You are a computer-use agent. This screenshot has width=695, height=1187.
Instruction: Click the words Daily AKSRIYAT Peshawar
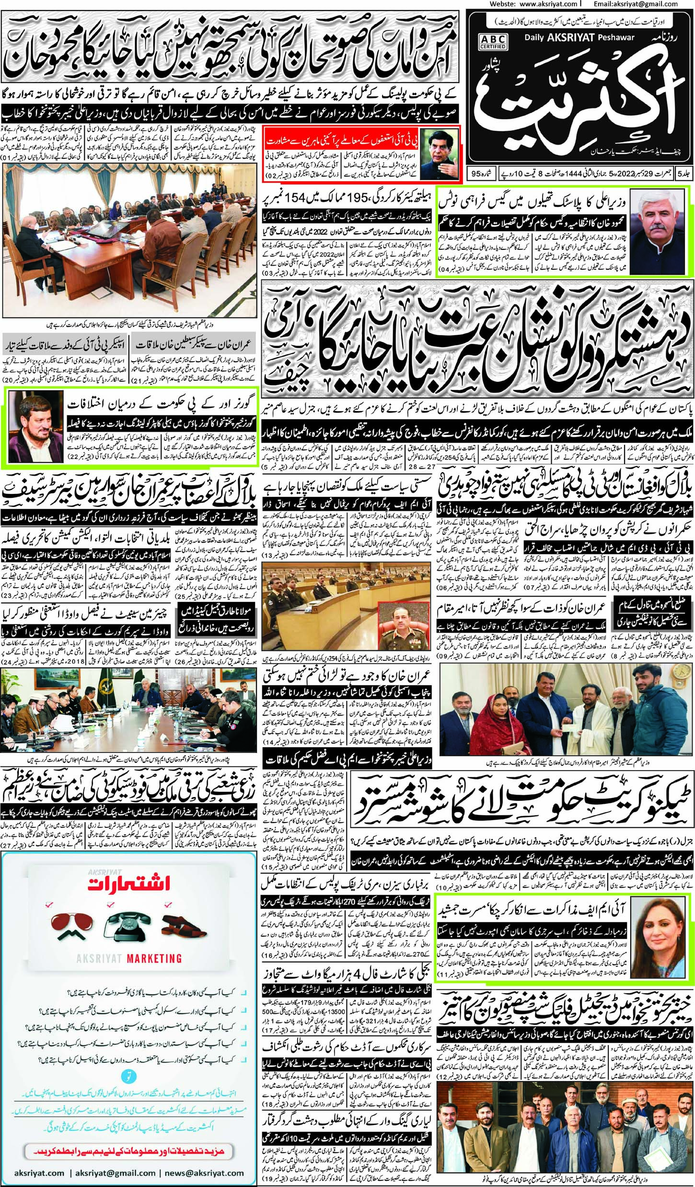click(x=579, y=37)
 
